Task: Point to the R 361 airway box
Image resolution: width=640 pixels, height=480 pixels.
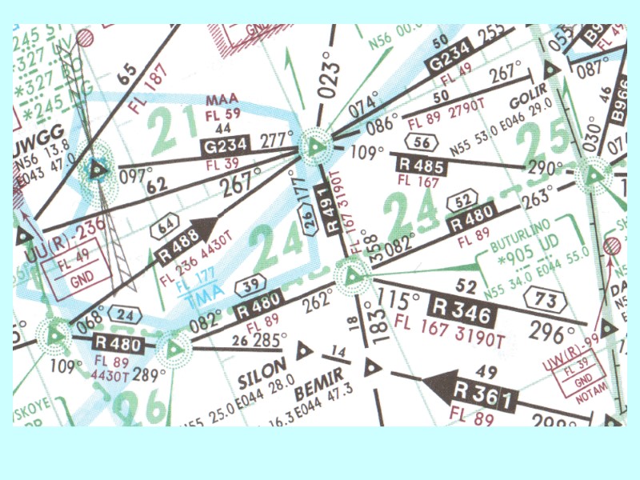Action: point(482,395)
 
